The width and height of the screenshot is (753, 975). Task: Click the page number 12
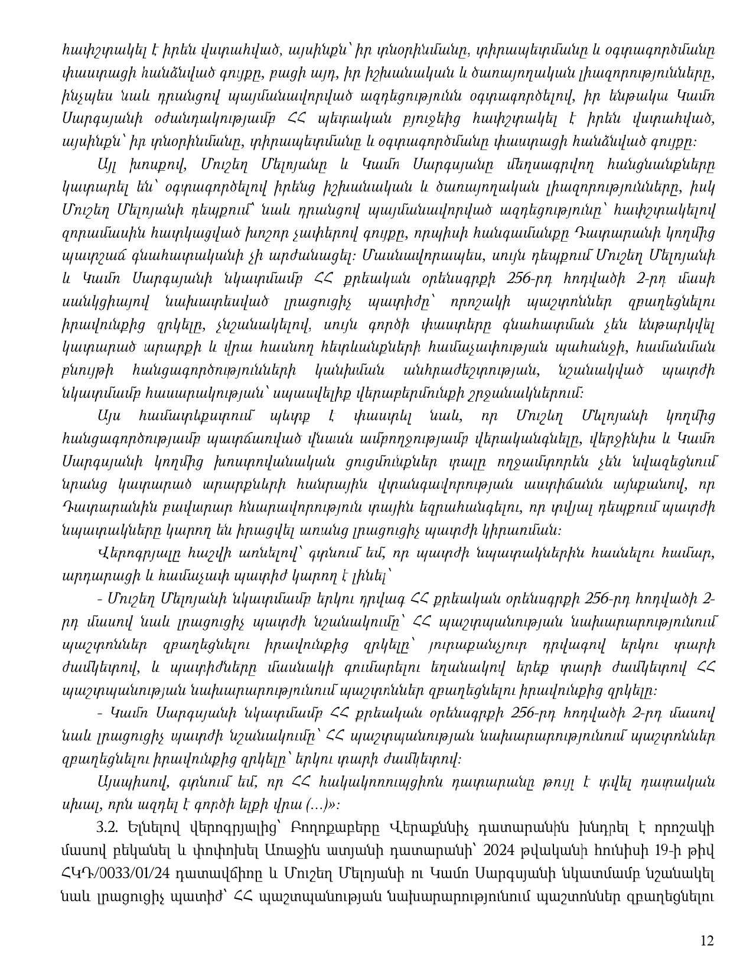[707, 941]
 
